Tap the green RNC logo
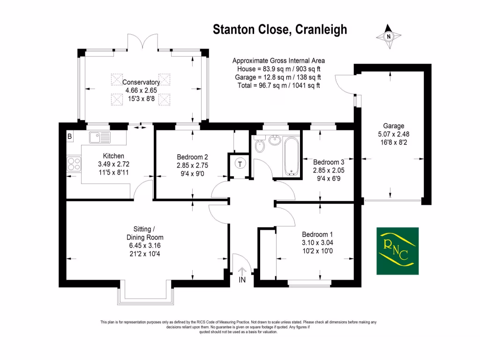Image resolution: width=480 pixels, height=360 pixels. [x=397, y=251]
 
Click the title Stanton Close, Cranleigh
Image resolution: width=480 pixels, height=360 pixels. [x=280, y=30]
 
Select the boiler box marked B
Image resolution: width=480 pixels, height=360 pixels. [x=70, y=137]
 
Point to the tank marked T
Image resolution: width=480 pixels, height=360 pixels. [x=240, y=164]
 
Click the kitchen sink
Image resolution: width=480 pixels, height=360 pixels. [x=99, y=137]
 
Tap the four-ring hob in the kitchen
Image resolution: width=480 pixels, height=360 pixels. [x=74, y=164]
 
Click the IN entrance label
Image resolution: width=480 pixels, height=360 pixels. [x=242, y=280]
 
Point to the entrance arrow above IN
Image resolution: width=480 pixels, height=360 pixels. [x=242, y=271]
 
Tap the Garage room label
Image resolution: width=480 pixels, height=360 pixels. [x=393, y=126]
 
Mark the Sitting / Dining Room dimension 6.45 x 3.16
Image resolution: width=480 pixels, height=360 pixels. [x=141, y=245]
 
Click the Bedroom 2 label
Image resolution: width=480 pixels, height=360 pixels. [x=192, y=157]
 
